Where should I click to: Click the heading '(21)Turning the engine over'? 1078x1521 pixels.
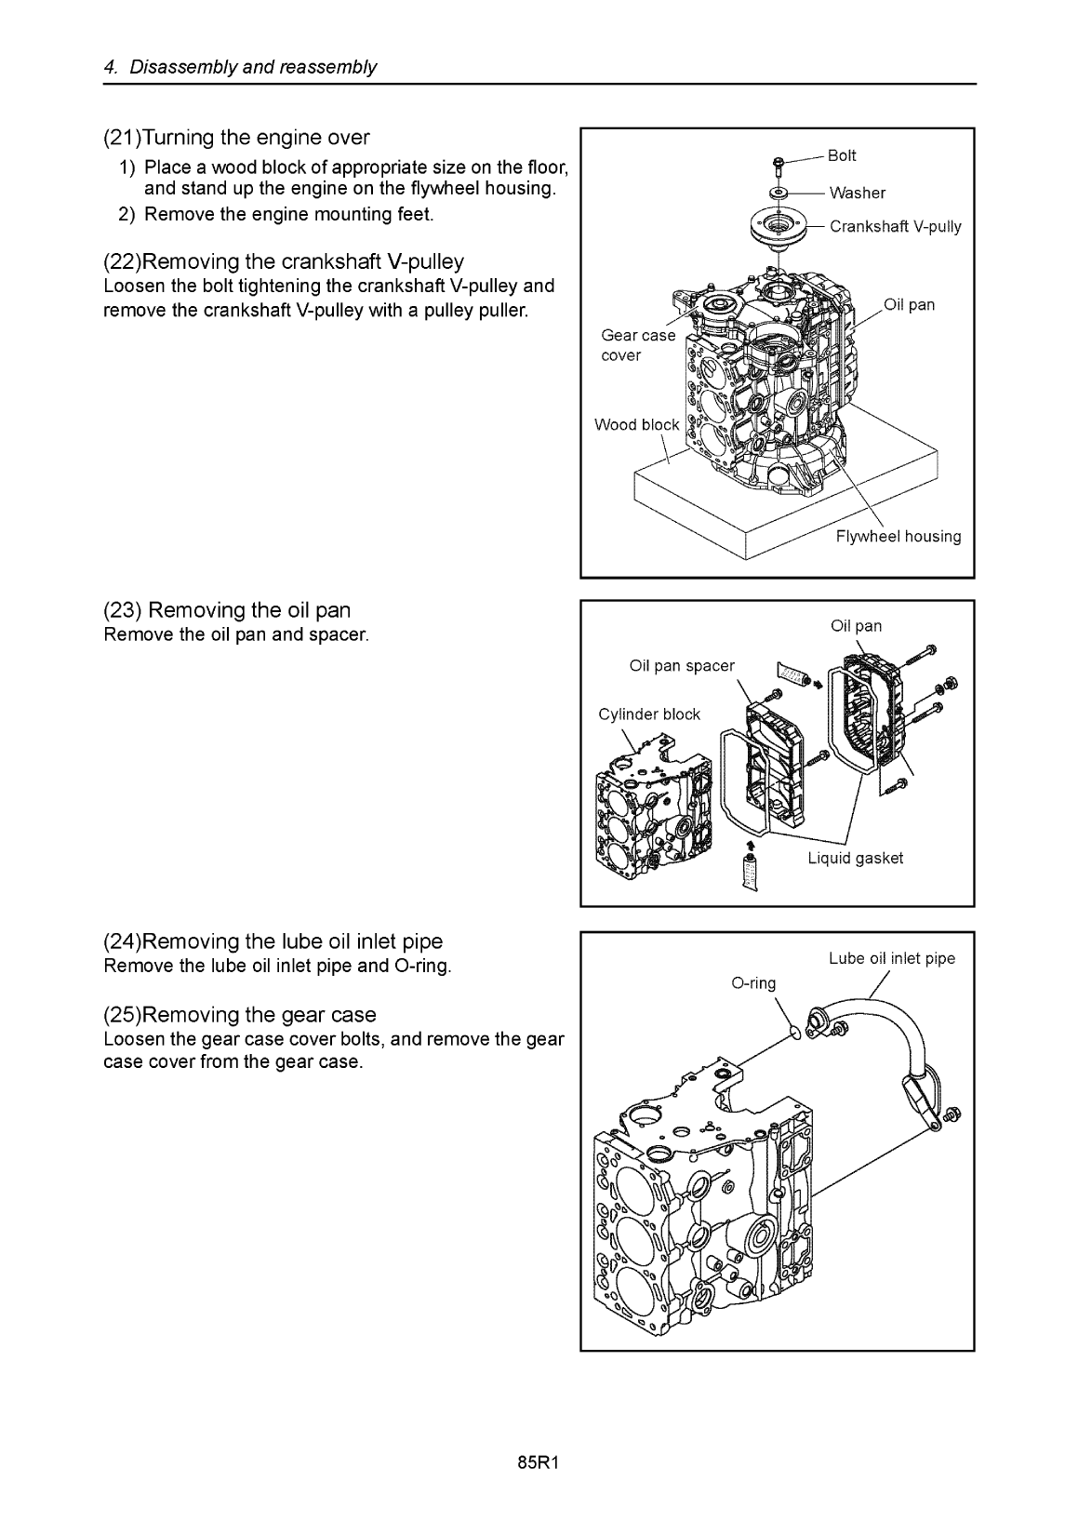pyautogui.click(x=236, y=138)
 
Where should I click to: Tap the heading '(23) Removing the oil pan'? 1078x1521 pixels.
pyautogui.click(x=227, y=610)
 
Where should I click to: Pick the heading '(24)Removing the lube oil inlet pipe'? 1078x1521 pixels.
pyautogui.click(x=273, y=941)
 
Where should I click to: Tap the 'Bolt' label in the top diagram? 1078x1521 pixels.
pyautogui.click(x=842, y=155)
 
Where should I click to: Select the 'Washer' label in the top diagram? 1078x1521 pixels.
pyautogui.click(x=857, y=193)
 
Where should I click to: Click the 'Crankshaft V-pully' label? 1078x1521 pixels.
pyautogui.click(x=895, y=226)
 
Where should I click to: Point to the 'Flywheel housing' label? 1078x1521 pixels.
pyautogui.click(x=898, y=536)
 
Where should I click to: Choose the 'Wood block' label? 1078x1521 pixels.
pyautogui.click(x=636, y=425)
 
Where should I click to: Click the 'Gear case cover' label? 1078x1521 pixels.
pyautogui.click(x=638, y=345)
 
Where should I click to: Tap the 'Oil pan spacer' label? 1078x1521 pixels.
pyautogui.click(x=681, y=665)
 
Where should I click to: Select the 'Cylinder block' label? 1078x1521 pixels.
pyautogui.click(x=649, y=714)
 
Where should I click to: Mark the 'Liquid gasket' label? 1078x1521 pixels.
pyautogui.click(x=855, y=858)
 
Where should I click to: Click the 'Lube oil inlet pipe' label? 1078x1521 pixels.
pyautogui.click(x=891, y=958)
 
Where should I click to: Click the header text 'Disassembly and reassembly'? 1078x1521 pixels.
pyautogui.click(x=253, y=67)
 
